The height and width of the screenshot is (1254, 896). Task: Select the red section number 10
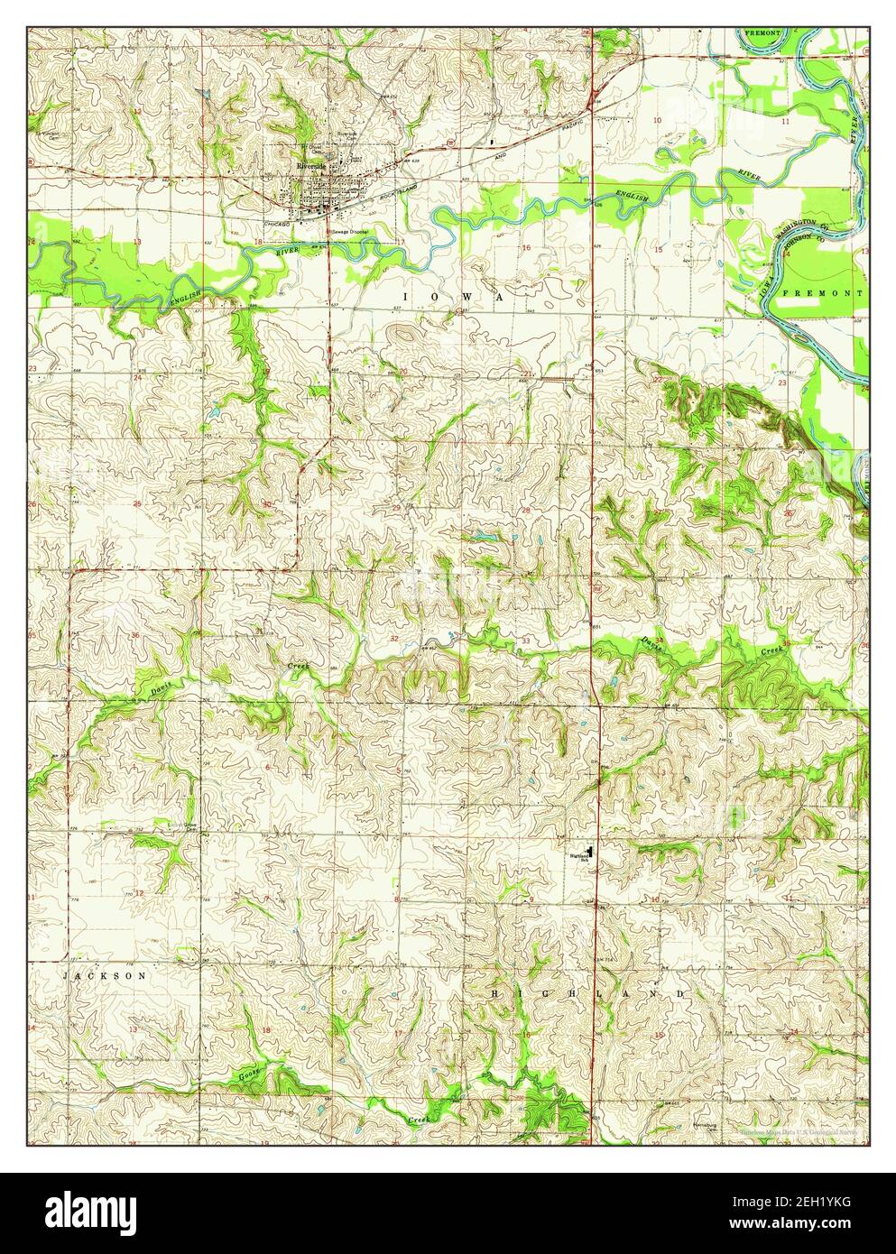coord(657,120)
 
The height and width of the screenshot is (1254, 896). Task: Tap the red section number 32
coord(394,638)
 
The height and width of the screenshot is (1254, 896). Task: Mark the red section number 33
coord(526,641)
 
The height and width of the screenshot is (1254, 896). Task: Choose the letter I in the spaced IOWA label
coord(406,296)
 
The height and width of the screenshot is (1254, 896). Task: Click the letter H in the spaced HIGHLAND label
coord(494,992)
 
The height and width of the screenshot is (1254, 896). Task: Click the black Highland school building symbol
coord(591,851)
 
